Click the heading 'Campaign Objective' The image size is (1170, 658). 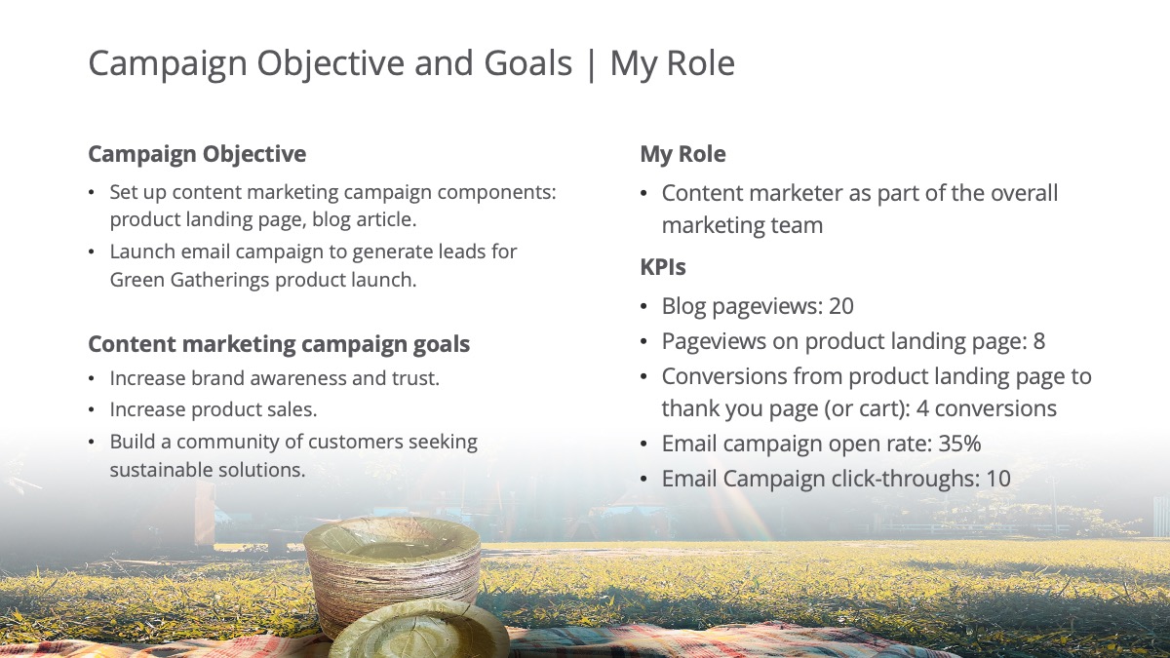click(x=197, y=154)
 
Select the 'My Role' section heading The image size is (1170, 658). click(x=682, y=154)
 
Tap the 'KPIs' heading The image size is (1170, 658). click(x=663, y=267)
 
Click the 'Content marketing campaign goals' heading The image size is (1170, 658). click(x=279, y=345)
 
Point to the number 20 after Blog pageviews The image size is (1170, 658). click(x=840, y=306)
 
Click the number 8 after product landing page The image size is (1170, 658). click(x=1039, y=341)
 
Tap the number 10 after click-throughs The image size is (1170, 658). click(x=998, y=479)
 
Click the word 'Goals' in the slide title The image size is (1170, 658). click(x=528, y=63)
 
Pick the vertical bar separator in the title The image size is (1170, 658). click(x=591, y=63)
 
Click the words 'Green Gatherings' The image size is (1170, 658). click(x=189, y=281)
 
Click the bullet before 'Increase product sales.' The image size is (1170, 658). click(x=92, y=410)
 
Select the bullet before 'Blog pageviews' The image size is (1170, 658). click(x=643, y=306)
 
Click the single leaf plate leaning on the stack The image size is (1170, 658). click(x=420, y=630)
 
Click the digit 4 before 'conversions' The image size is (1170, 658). click(x=922, y=408)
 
